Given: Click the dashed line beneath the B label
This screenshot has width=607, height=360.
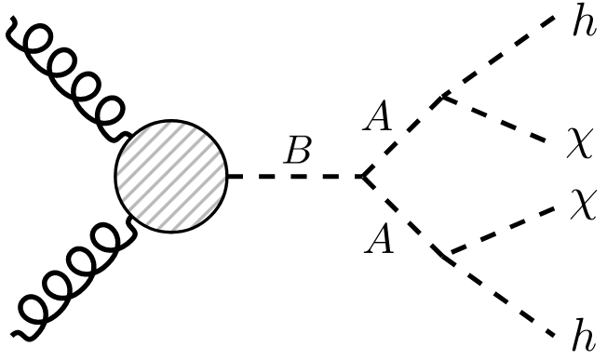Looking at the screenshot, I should [x=293, y=177].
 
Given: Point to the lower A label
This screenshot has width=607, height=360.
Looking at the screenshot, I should [x=378, y=242].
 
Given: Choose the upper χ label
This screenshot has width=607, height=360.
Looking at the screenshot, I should [x=580, y=146].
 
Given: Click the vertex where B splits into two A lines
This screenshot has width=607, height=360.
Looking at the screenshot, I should [x=361, y=177].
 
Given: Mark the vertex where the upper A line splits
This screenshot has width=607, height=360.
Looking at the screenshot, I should [x=443, y=95].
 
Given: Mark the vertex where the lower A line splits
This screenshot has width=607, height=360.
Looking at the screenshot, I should [x=443, y=253].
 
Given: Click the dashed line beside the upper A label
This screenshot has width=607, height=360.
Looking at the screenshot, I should [x=402, y=135].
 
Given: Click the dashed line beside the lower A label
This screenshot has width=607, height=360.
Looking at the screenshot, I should [x=402, y=216].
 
